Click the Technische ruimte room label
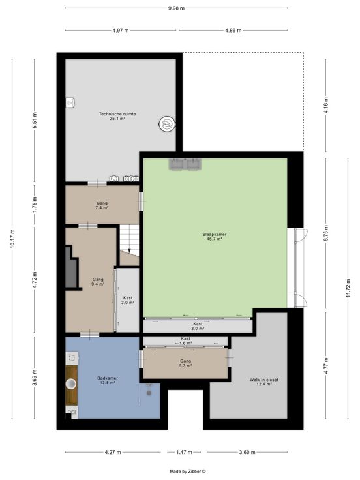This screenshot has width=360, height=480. pyautogui.click(x=117, y=116)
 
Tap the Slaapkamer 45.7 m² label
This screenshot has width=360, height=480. pyautogui.click(x=215, y=237)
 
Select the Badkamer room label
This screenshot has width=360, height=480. pyautogui.click(x=108, y=380)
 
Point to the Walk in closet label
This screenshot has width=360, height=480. pyautogui.click(x=264, y=382)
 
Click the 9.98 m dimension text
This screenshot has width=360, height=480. pyautogui.click(x=176, y=8)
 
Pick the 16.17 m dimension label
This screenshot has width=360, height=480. pyautogui.click(x=12, y=238)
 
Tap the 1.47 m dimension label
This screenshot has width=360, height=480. pyautogui.click(x=184, y=452)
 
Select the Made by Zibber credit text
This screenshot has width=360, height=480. pyautogui.click(x=188, y=472)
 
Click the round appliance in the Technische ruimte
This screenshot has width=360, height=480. pyautogui.click(x=167, y=124)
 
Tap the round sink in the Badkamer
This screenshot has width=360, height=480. pyautogui.click(x=71, y=383)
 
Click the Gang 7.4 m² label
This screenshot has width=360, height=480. pyautogui.click(x=102, y=205)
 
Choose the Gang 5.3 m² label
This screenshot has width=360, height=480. pyautogui.click(x=185, y=363)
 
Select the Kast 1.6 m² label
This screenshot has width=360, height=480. pyautogui.click(x=185, y=341)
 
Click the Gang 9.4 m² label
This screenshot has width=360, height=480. pyautogui.click(x=98, y=282)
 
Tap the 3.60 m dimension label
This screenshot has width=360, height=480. pyautogui.click(x=247, y=452)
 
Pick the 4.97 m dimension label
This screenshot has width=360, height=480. pyautogui.click(x=121, y=30)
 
